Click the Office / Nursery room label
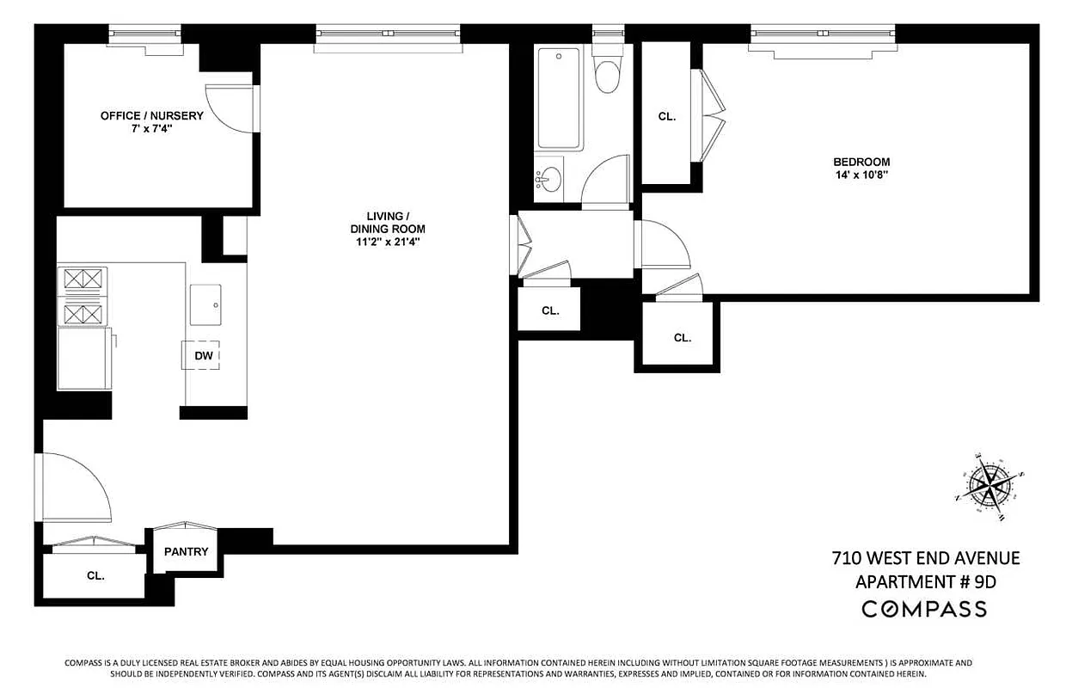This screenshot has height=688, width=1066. point(151,115)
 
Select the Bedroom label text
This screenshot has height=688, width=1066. point(861,162)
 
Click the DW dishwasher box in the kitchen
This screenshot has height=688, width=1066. point(202,355)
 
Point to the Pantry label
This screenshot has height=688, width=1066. point(187,551)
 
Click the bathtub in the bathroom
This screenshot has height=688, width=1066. point(558,98)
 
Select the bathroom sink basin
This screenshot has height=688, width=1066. point(550,180)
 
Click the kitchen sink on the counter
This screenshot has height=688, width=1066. point(205,304)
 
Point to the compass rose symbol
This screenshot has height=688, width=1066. point(989,487)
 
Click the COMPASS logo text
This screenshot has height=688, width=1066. point(924,609)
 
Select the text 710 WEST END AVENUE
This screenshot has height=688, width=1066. point(925,558)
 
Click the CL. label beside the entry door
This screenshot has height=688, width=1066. point(95,576)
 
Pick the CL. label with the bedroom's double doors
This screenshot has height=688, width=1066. point(667,116)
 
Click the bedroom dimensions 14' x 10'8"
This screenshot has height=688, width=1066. point(861,175)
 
